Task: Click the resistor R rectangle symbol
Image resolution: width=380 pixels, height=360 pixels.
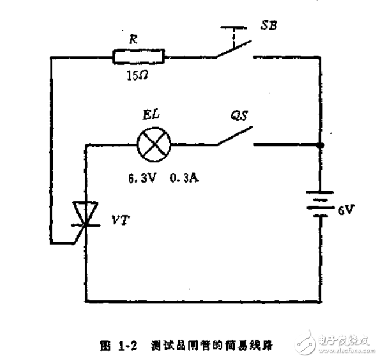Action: point(139,56)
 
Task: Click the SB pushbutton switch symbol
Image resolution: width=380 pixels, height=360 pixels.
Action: point(234,49)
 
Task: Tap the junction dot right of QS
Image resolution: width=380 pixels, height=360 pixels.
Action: point(323,144)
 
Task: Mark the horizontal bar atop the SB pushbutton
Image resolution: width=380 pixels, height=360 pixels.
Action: point(235,27)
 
